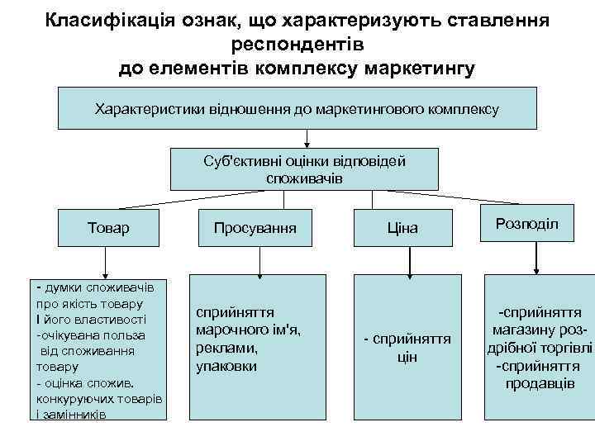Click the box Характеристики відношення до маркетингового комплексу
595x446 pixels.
[297, 108]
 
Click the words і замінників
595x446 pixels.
[70, 413]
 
